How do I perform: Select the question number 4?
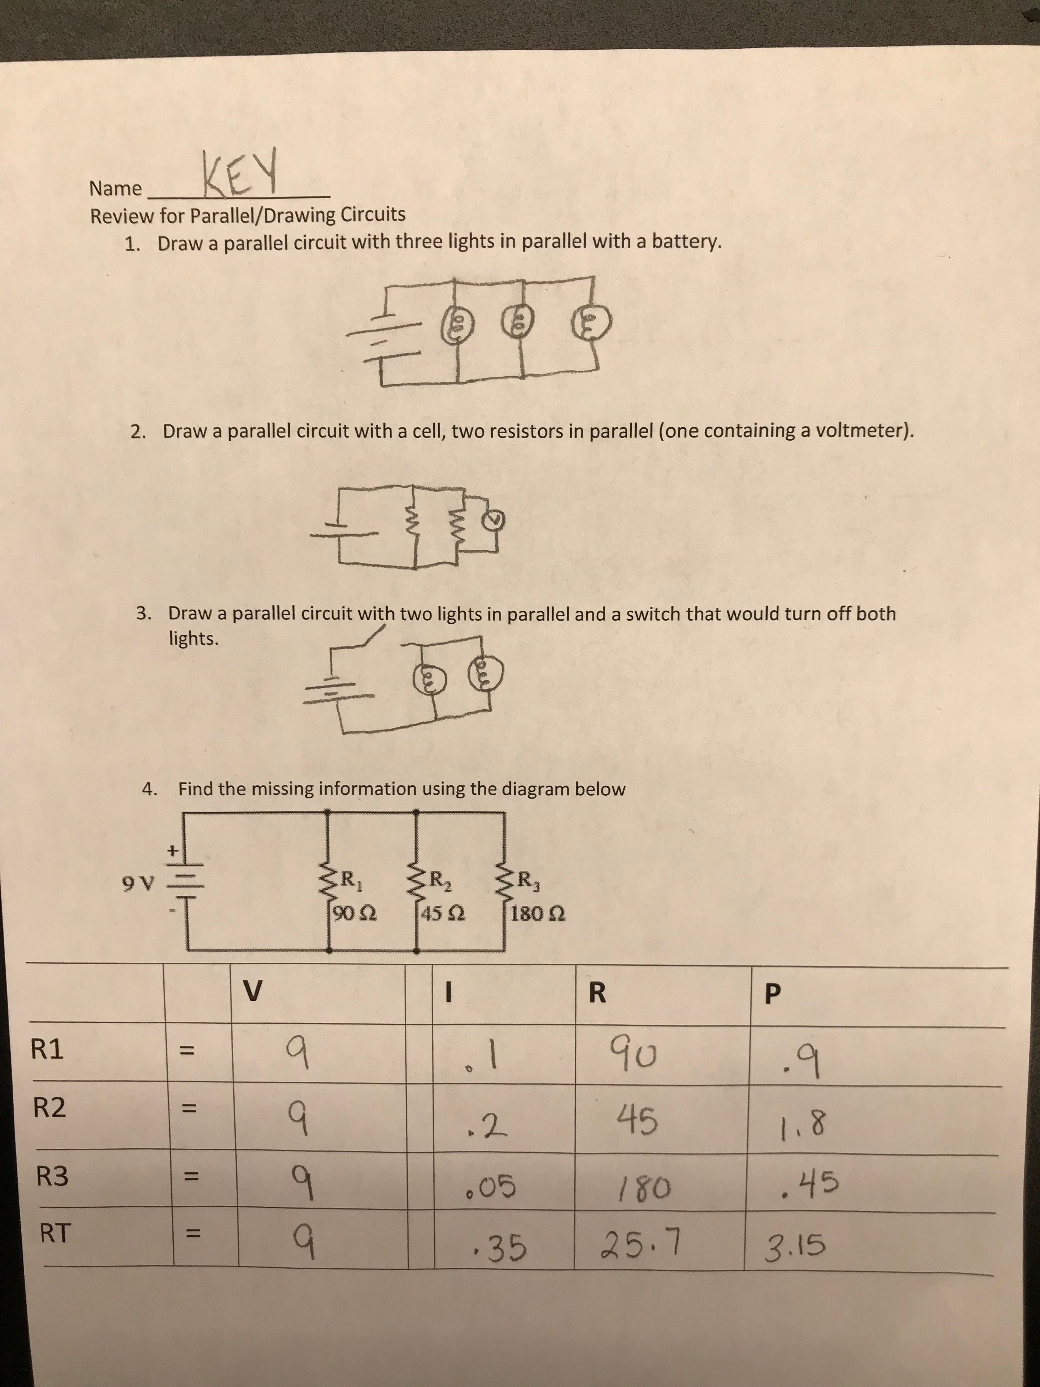click(x=149, y=789)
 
